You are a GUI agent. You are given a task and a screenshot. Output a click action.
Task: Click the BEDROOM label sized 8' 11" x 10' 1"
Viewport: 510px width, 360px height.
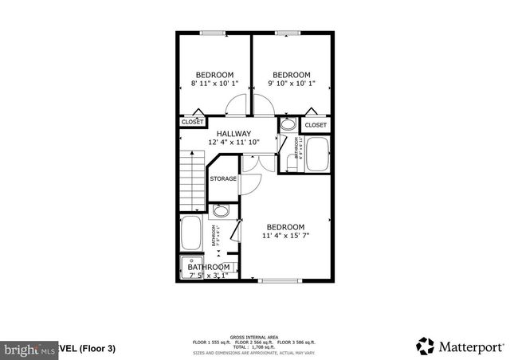pos(214,79)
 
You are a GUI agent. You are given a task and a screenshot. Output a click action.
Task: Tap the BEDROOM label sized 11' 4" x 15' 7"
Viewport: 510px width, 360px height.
pos(285,230)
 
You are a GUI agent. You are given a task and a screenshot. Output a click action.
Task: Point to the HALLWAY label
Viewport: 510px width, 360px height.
pos(234,138)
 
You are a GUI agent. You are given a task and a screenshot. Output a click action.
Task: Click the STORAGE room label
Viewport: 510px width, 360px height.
pos(223,179)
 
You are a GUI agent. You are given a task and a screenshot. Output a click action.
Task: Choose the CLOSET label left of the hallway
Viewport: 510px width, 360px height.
pos(192,122)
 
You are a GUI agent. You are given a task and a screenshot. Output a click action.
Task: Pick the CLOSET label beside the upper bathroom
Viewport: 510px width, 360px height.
pos(316,125)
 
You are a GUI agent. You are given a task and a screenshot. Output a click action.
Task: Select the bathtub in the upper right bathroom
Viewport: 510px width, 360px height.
pos(319,155)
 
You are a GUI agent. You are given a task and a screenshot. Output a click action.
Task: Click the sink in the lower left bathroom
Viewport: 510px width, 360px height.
pos(222,211)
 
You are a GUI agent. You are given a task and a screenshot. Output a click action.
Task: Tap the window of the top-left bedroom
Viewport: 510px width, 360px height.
pos(212,33)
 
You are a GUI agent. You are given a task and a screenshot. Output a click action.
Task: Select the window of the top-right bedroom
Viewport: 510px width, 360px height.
pos(289,33)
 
